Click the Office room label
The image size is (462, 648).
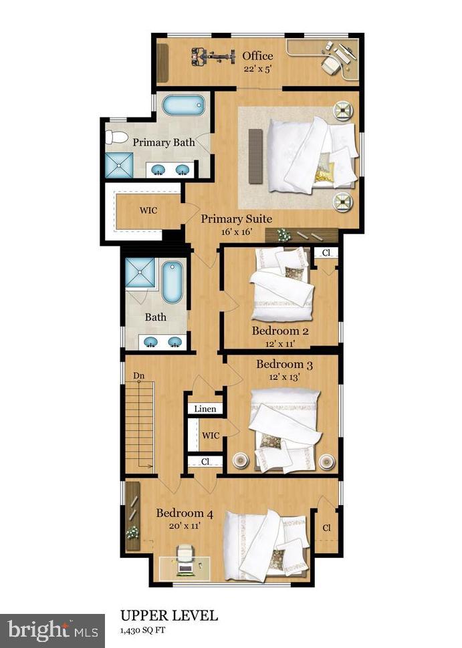pyautogui.click(x=257, y=55)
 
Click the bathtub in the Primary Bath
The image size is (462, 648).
pyautogui.click(x=182, y=106)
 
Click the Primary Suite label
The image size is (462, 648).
pyautogui.click(x=236, y=218)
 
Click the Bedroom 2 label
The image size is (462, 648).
pyautogui.click(x=279, y=331)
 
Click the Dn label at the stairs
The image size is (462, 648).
pyautogui.click(x=139, y=376)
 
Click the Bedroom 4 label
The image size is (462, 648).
pyautogui.click(x=185, y=514)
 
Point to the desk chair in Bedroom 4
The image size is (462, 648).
pyautogui.click(x=185, y=556)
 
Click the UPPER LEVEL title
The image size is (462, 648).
pyautogui.click(x=168, y=615)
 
